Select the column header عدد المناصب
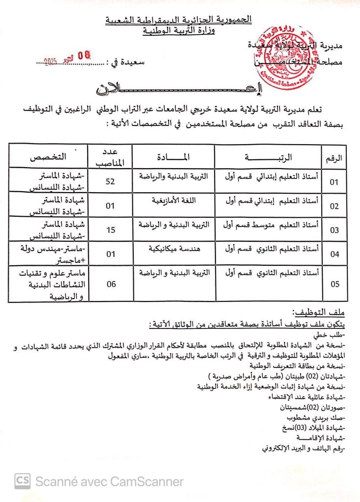111,156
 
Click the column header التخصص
48,157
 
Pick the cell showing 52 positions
111,181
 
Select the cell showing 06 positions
111,284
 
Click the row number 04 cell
335,254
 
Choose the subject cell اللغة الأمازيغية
174,201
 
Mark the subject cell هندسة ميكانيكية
174,249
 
